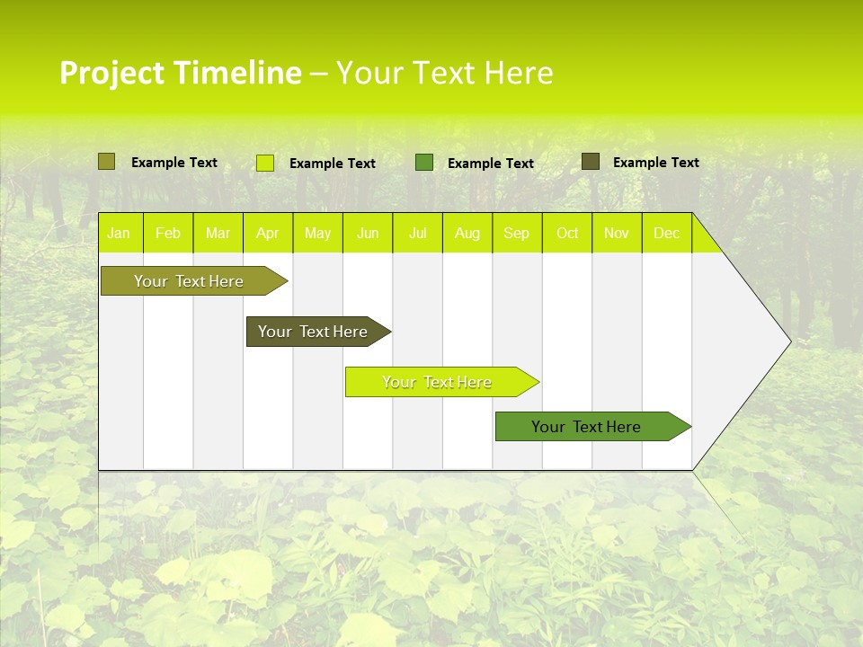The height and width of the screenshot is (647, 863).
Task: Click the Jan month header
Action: (119, 233)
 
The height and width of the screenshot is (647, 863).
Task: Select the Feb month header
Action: (168, 233)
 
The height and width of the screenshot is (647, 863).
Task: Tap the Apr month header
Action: (267, 233)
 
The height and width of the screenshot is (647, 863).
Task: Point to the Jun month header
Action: (368, 233)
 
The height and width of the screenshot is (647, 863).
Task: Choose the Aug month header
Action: (467, 233)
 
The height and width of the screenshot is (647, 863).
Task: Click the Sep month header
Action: (516, 233)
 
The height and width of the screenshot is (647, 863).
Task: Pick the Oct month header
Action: (567, 233)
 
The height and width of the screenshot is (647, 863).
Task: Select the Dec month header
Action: (666, 233)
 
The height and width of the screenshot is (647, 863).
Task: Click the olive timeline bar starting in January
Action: (190, 281)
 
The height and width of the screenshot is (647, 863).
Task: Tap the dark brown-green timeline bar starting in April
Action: (314, 332)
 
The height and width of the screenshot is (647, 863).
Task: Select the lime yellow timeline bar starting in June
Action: (437, 382)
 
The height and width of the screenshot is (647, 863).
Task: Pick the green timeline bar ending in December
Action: (587, 427)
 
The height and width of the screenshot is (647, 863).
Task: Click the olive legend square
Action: (106, 162)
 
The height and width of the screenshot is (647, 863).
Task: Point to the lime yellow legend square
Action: (265, 163)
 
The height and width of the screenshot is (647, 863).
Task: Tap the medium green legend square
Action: (424, 163)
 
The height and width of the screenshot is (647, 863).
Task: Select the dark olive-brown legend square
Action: (591, 162)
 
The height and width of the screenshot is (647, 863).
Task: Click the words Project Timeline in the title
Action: (180, 73)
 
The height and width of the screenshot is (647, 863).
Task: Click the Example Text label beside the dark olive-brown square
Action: (655, 163)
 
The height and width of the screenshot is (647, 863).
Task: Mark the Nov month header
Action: (617, 233)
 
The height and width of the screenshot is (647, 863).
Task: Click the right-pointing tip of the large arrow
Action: (787, 341)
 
